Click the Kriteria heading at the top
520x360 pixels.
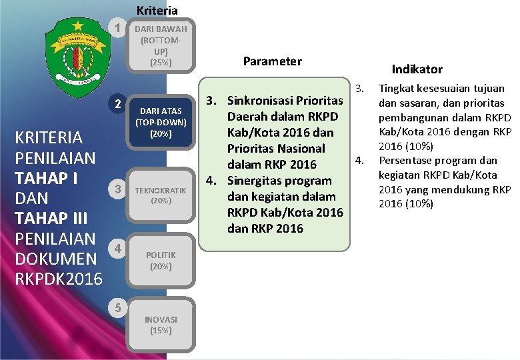(x=157, y=10)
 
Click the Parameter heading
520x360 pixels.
(x=272, y=61)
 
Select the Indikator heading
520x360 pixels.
(x=417, y=69)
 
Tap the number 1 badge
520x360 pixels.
(x=117, y=29)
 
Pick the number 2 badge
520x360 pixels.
(x=117, y=105)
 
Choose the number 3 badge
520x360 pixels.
(x=117, y=189)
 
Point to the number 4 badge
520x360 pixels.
(x=117, y=249)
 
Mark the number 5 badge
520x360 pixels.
(x=117, y=308)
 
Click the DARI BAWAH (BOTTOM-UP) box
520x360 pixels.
(x=160, y=45)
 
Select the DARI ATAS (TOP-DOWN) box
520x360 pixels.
(x=160, y=121)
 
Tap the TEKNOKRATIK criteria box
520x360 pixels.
(x=160, y=195)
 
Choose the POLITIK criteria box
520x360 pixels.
(x=160, y=260)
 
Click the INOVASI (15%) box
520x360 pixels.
(x=160, y=324)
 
